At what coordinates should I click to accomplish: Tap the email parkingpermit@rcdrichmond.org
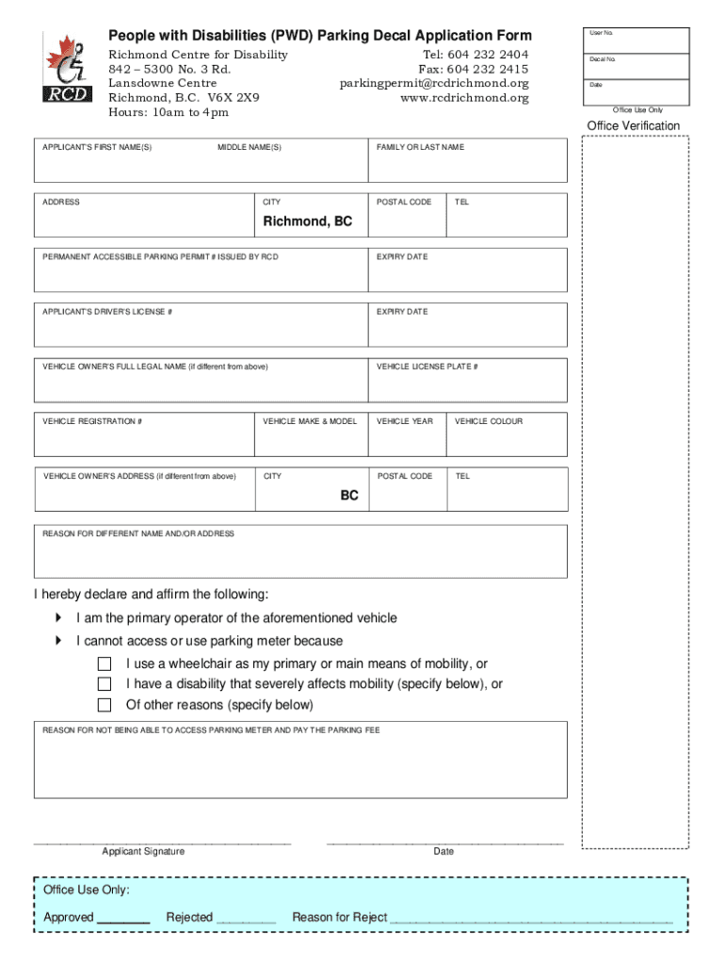pos(434,84)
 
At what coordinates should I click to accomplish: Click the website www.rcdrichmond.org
pos(464,98)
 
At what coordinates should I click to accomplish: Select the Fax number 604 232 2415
pos(474,70)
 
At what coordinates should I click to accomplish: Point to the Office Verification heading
pos(633,126)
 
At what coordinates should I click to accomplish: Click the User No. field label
pos(602,33)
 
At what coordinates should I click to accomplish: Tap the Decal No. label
pos(603,59)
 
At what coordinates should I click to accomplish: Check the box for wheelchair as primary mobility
pos(105,664)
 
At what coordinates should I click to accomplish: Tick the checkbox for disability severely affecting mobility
pos(105,684)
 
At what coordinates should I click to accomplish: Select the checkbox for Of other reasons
pos(105,705)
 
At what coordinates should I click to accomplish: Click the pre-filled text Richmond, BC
pos(307,221)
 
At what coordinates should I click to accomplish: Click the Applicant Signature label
pos(143,852)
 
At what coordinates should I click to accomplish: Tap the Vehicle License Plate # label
pos(427,367)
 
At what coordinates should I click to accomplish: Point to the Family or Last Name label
pos(420,148)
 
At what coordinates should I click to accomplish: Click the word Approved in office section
pos(69,918)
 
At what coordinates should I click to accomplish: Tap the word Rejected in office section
pos(189,918)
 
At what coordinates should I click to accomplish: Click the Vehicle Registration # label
pos(92,421)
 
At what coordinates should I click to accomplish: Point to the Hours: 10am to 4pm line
pos(169,113)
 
